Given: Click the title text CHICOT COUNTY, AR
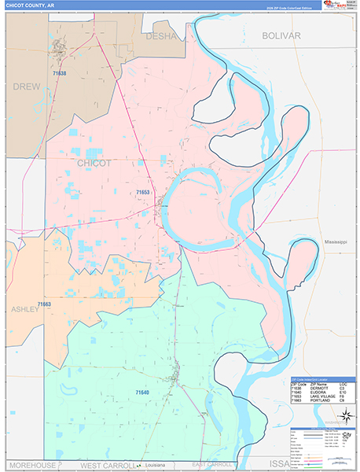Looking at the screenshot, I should (31, 5).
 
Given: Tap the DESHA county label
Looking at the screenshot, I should (163, 35).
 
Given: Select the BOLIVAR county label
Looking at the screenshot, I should (281, 36).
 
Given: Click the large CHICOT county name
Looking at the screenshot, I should (94, 162).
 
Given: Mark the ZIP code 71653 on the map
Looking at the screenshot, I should (142, 191).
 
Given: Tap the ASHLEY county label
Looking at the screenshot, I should (24, 309).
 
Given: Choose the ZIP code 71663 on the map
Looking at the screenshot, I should (43, 304).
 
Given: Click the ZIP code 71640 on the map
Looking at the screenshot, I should (141, 392).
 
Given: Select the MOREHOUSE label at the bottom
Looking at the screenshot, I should (31, 466).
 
